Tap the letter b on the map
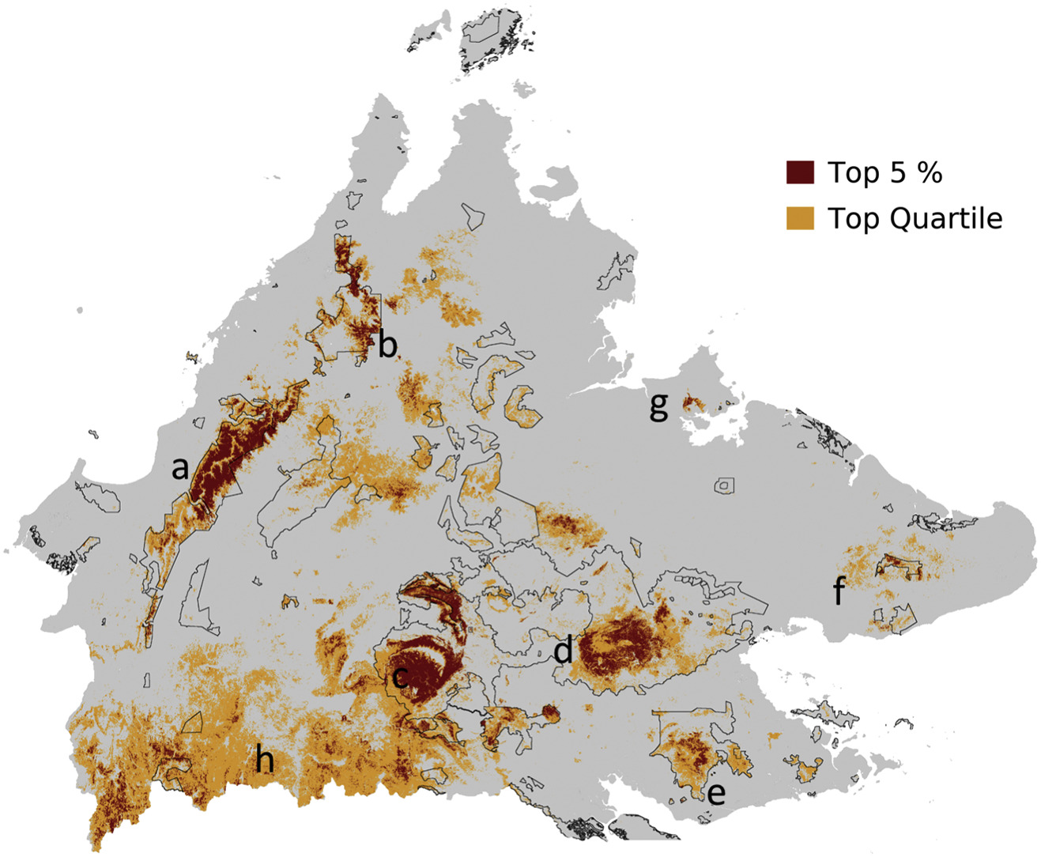pyautogui.click(x=387, y=345)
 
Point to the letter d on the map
pyautogui.click(x=563, y=651)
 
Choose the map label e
pyautogui.click(x=716, y=793)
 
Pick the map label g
pyautogui.click(x=658, y=406)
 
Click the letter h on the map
pyautogui.click(x=265, y=760)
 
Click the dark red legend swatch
pyautogui.click(x=800, y=172)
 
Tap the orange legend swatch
pyautogui.click(x=800, y=218)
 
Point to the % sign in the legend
pyautogui.click(x=930, y=172)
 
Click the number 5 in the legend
pyautogui.click(x=897, y=172)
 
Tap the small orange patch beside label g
pyautogui.click(x=693, y=403)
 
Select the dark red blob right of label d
pyautogui.click(x=620, y=644)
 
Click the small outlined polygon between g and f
pyautogui.click(x=724, y=485)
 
